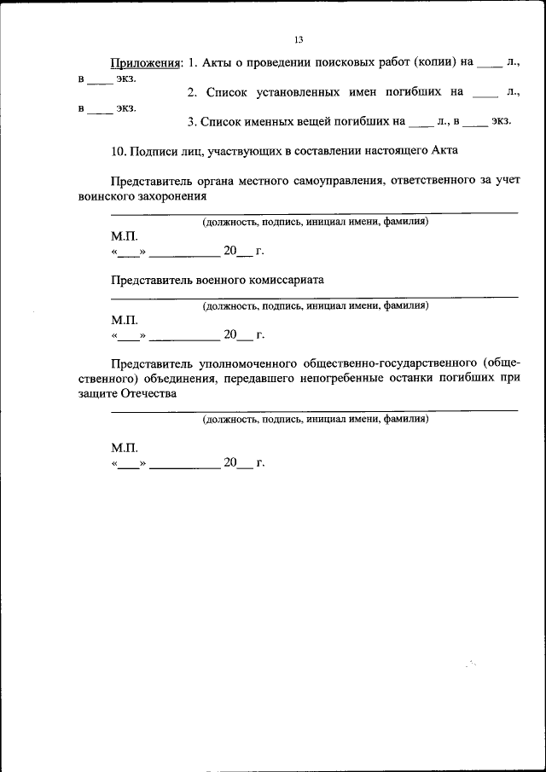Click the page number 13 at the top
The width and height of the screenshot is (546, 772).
click(299, 40)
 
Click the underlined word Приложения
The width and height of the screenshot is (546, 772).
click(146, 64)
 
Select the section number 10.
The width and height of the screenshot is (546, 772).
click(119, 151)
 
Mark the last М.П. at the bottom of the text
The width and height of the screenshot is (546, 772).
click(123, 448)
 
